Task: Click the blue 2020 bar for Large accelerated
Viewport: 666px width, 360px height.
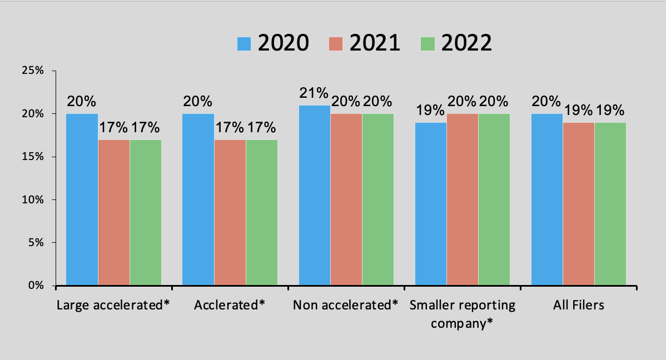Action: click(x=82, y=199)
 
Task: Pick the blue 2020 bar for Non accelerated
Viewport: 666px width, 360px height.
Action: click(x=315, y=195)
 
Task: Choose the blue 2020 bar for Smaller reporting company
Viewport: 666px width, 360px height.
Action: click(x=431, y=204)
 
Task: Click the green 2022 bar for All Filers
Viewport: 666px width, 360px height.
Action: click(x=610, y=204)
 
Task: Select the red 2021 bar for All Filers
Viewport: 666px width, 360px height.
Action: click(x=579, y=204)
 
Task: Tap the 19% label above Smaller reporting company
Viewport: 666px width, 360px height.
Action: click(x=431, y=110)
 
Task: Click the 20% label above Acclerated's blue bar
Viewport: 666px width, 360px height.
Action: click(x=198, y=101)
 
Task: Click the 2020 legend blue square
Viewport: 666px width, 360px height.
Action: click(x=244, y=43)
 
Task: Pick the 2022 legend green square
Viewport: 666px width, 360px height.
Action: click(x=428, y=43)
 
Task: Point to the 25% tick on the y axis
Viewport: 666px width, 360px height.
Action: click(x=33, y=71)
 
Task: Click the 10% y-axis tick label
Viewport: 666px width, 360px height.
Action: click(x=33, y=199)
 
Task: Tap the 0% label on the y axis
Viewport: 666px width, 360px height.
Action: click(x=36, y=286)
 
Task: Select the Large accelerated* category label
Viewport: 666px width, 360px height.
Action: click(x=113, y=305)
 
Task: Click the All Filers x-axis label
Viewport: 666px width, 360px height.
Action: click(x=579, y=305)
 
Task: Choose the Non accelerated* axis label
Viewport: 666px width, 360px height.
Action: click(x=346, y=305)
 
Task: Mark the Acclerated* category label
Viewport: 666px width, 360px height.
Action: click(x=230, y=305)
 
